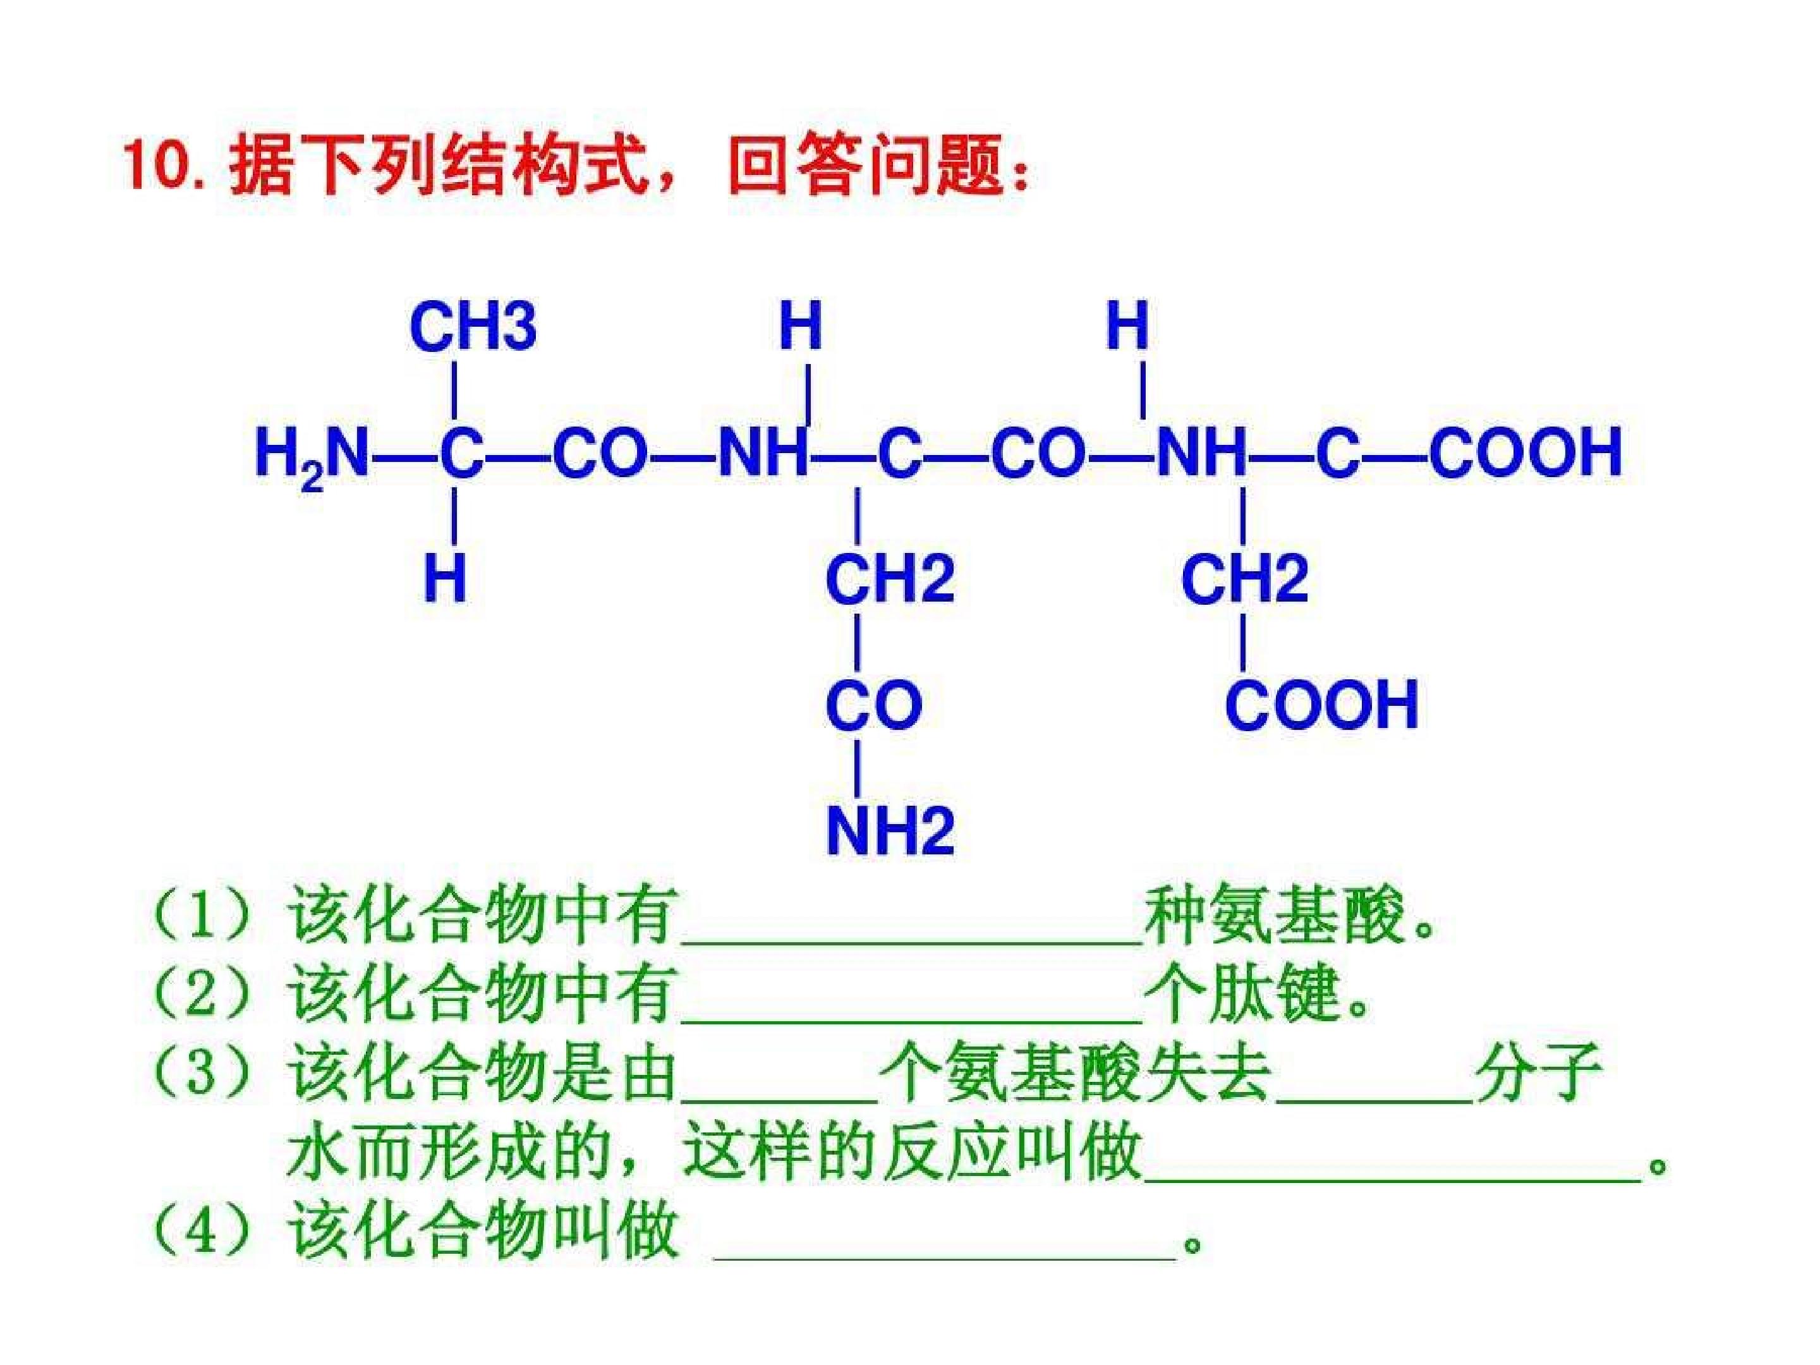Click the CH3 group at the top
pos(473,327)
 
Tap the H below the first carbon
pos(445,578)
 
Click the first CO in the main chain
pos(600,453)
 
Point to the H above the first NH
pos(801,326)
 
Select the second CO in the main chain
pos(1038,453)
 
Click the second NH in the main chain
pos(1202,453)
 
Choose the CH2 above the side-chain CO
pos(890,578)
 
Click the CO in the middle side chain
pos(874,705)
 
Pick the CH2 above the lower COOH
pos(1245,578)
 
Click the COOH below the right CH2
pos(1322,705)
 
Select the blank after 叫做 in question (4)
pos(943,1259)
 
